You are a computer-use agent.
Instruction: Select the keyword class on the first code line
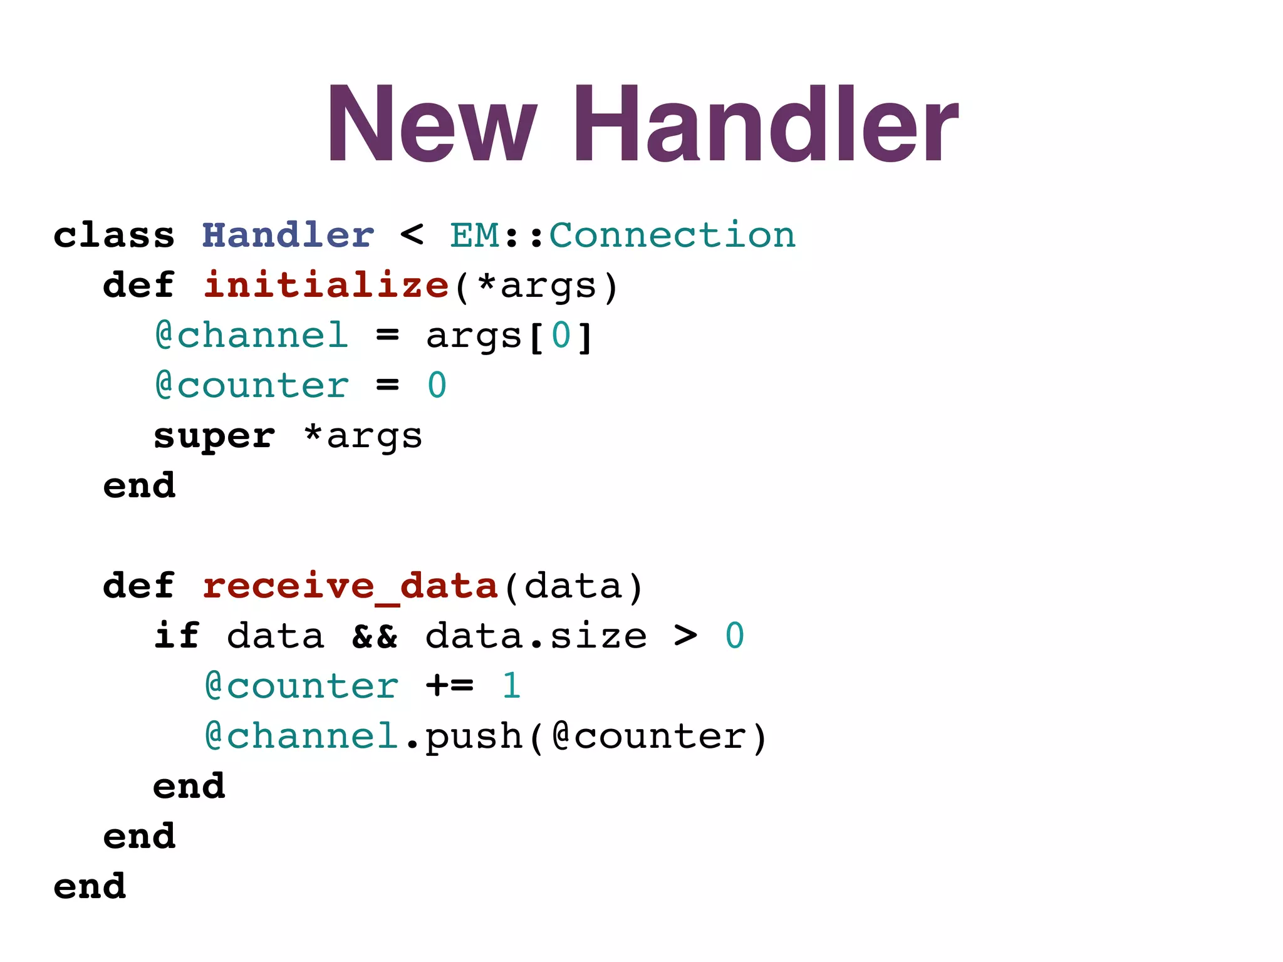[114, 235]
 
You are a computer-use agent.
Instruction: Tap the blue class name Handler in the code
[288, 235]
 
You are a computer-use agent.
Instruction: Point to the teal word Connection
[672, 235]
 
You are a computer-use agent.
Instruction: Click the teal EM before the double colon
[475, 235]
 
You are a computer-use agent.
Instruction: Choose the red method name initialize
[326, 286]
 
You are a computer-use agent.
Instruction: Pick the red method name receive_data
[350, 586]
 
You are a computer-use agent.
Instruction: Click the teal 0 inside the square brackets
[561, 336]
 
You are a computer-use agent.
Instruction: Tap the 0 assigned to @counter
[437, 386]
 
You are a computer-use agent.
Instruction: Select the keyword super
[214, 436]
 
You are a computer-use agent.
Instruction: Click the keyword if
[177, 636]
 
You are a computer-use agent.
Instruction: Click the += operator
[450, 686]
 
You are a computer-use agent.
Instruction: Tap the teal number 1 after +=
[512, 686]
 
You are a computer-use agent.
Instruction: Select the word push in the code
[474, 737]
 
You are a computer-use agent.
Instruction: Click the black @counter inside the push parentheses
[649, 737]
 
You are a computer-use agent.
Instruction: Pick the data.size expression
[536, 636]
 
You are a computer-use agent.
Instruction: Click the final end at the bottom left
[90, 887]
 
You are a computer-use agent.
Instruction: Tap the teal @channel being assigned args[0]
[252, 336]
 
